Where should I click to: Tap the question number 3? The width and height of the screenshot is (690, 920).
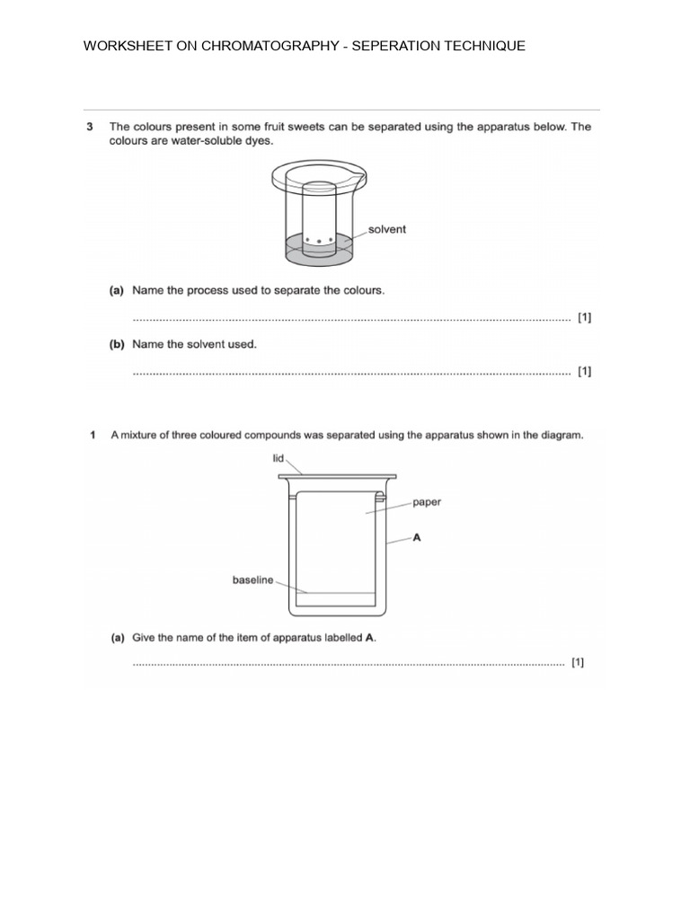[90, 127]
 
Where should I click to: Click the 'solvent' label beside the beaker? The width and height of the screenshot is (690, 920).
[387, 229]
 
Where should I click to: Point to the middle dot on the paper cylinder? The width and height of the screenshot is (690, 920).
[319, 241]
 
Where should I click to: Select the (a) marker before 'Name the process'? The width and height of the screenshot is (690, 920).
[117, 290]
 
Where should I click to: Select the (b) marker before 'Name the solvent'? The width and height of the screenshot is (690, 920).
[117, 343]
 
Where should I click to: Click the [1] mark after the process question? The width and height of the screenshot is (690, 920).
[584, 317]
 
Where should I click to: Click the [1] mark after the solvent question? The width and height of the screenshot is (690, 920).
[584, 370]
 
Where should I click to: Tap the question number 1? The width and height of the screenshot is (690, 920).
[92, 436]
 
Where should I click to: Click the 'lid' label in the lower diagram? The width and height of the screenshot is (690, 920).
[279, 458]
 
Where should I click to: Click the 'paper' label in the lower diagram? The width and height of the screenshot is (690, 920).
[427, 502]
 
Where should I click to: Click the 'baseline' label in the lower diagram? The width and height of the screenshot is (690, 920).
[252, 580]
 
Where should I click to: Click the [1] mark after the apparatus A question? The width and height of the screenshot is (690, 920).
[578, 663]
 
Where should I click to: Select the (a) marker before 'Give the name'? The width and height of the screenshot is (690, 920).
[117, 638]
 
